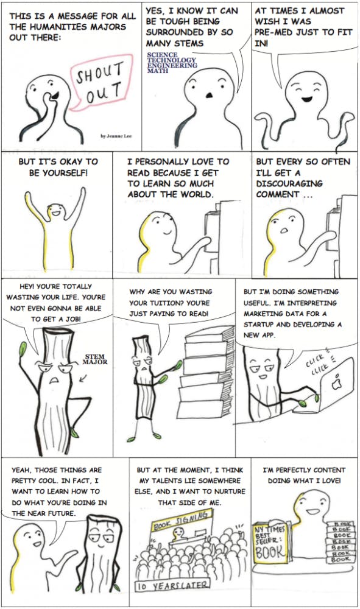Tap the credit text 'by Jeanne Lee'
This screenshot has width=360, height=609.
[x=116, y=136]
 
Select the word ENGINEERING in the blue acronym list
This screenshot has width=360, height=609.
[x=172, y=65]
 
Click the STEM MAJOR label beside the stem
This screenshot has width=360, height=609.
[x=95, y=359]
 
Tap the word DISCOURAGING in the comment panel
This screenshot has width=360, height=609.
[x=289, y=183]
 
